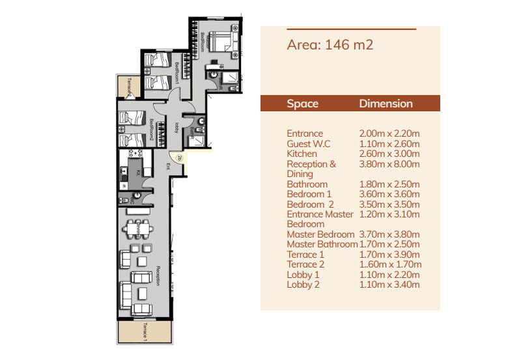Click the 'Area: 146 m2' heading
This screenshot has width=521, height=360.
tap(330, 45)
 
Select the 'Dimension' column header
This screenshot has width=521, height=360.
tap(386, 104)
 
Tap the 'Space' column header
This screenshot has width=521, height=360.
tap(302, 104)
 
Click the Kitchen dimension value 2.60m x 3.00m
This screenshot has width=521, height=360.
tap(389, 154)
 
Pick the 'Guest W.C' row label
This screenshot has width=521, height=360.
tap(309, 144)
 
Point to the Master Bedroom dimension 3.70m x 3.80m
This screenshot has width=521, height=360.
tap(389, 234)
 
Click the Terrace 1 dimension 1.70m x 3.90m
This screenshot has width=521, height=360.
tap(389, 255)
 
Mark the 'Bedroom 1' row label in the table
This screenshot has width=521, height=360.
tap(309, 194)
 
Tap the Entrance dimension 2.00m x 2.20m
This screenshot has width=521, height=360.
tap(389, 133)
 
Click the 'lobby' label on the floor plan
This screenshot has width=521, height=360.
tap(178, 127)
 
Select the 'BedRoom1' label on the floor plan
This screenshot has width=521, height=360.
tap(176, 72)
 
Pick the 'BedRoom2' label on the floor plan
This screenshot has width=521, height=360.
tap(151, 129)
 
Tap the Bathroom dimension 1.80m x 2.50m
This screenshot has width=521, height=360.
tap(389, 184)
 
